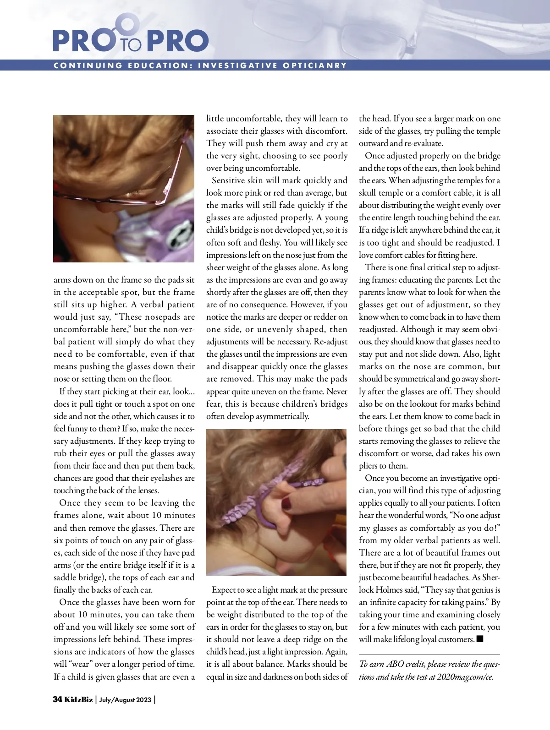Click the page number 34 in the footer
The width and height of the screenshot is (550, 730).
[x=57, y=699]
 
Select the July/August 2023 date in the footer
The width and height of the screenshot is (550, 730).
[x=125, y=700]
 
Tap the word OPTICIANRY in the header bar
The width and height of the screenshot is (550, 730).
[x=315, y=65]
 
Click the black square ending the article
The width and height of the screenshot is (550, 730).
[x=480, y=639]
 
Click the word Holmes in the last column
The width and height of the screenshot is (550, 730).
[x=389, y=590]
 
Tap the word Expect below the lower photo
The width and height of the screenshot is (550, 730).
[x=224, y=590]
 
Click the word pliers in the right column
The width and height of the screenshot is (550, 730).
[x=370, y=466]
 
